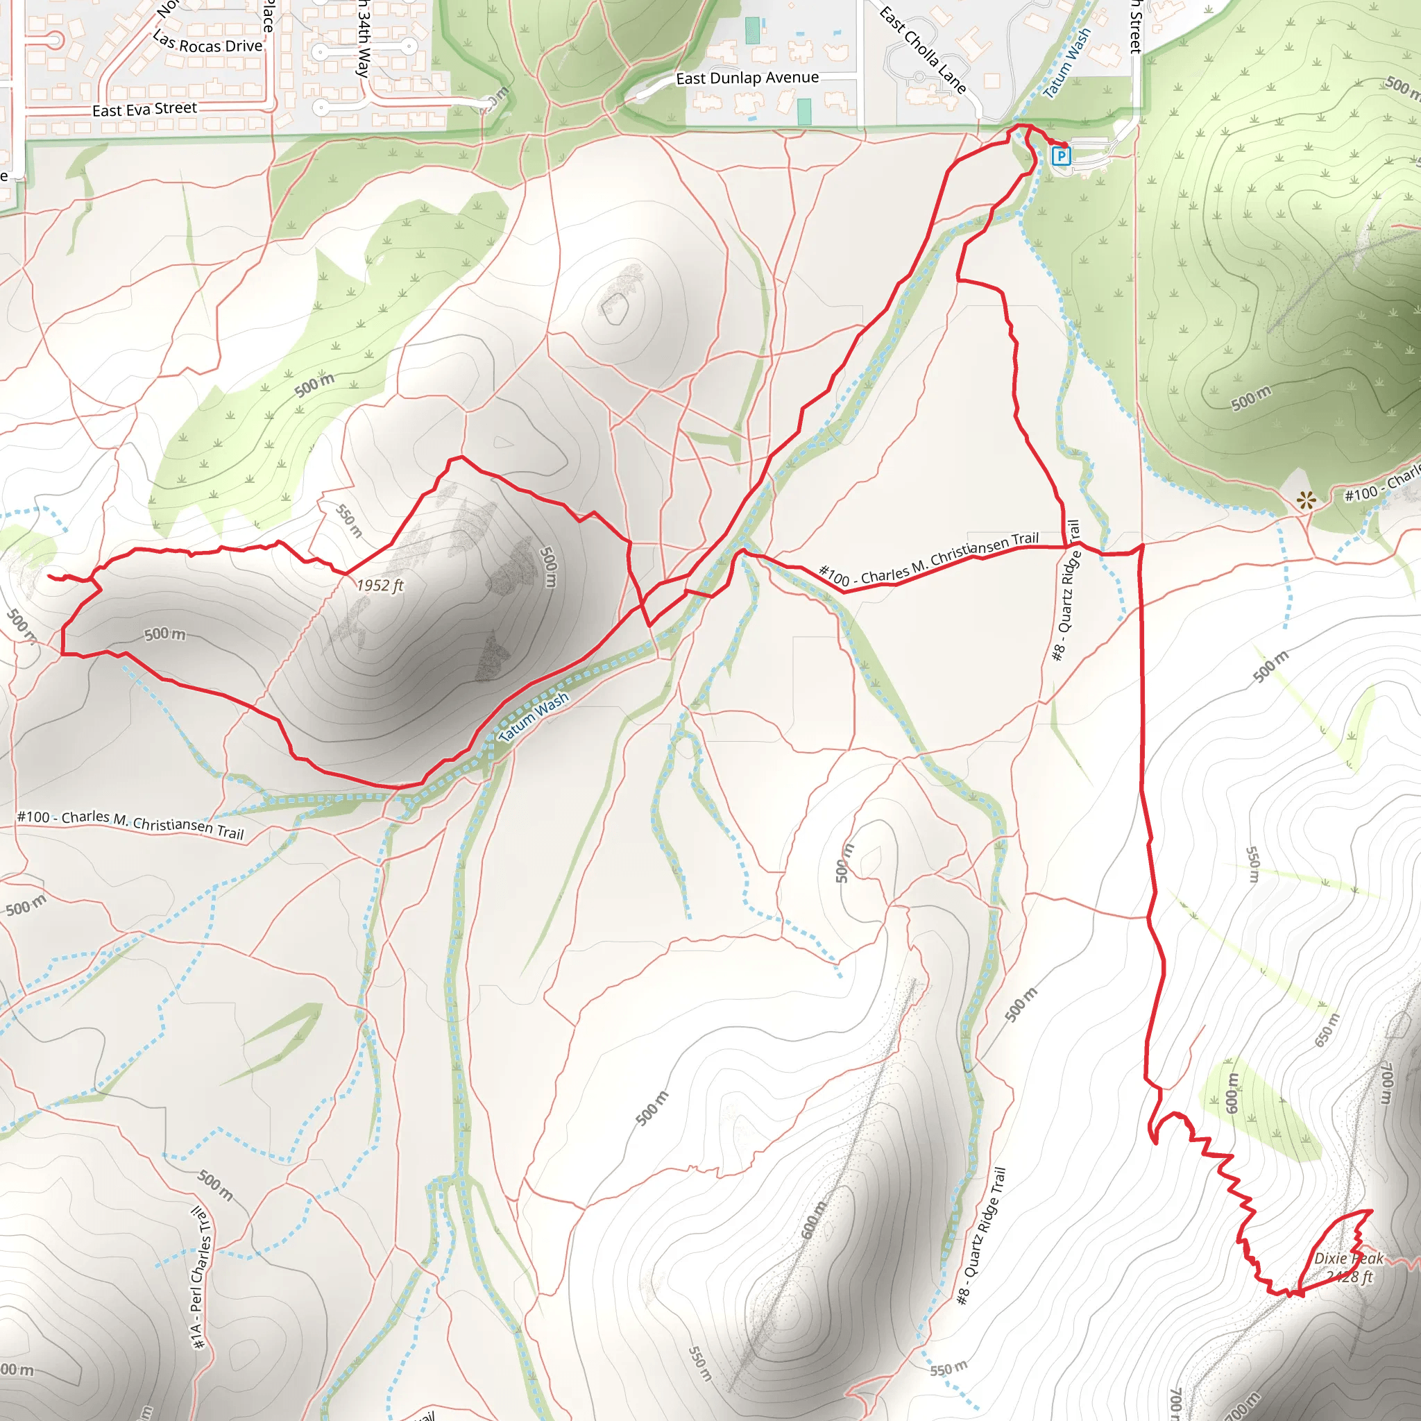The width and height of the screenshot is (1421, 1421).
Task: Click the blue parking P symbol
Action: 1061,156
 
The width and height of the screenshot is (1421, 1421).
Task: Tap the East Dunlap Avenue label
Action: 747,78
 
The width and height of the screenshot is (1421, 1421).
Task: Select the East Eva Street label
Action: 144,110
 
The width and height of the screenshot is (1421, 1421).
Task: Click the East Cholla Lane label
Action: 922,50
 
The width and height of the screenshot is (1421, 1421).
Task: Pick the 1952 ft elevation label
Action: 380,586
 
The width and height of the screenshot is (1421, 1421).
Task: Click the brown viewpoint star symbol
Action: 1307,502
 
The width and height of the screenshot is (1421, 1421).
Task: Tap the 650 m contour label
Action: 1327,1030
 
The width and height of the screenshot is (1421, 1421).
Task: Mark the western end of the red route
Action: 49,577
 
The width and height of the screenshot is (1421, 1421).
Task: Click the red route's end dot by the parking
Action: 1065,145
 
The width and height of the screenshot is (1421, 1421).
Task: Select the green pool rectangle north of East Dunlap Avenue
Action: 752,30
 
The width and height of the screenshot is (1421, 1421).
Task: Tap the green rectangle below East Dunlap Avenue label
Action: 804,111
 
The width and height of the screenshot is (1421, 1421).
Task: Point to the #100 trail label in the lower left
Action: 130,824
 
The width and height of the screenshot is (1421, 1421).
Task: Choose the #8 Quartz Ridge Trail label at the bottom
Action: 981,1236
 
